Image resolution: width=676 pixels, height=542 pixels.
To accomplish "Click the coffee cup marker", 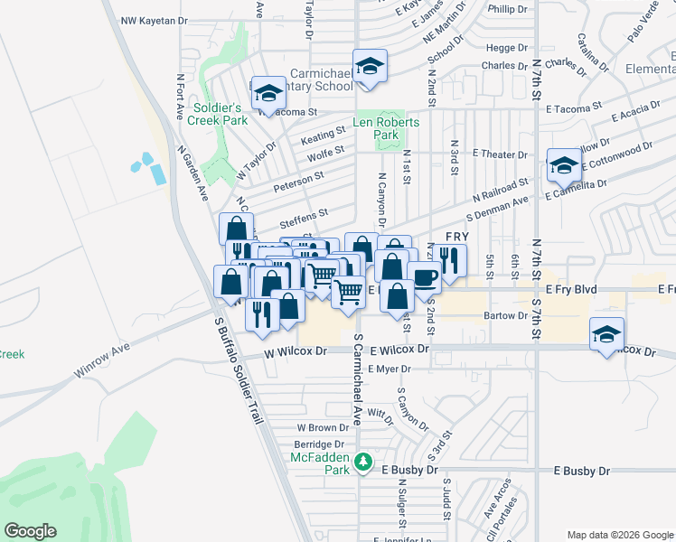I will pos(424,276).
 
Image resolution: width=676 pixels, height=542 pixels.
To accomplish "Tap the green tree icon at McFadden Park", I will pos(363,462).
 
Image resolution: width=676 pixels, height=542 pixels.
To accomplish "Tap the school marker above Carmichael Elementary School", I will pos(369,66).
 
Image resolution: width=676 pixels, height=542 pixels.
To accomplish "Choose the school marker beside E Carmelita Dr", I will pos(564,166).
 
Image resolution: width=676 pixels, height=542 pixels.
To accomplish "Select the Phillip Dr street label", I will pos(507,8).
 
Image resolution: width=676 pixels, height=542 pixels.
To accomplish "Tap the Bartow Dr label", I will pos(505,315).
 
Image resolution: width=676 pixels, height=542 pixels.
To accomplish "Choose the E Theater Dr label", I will pos(493,154).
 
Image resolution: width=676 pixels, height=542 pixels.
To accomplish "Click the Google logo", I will pos(31,531).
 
